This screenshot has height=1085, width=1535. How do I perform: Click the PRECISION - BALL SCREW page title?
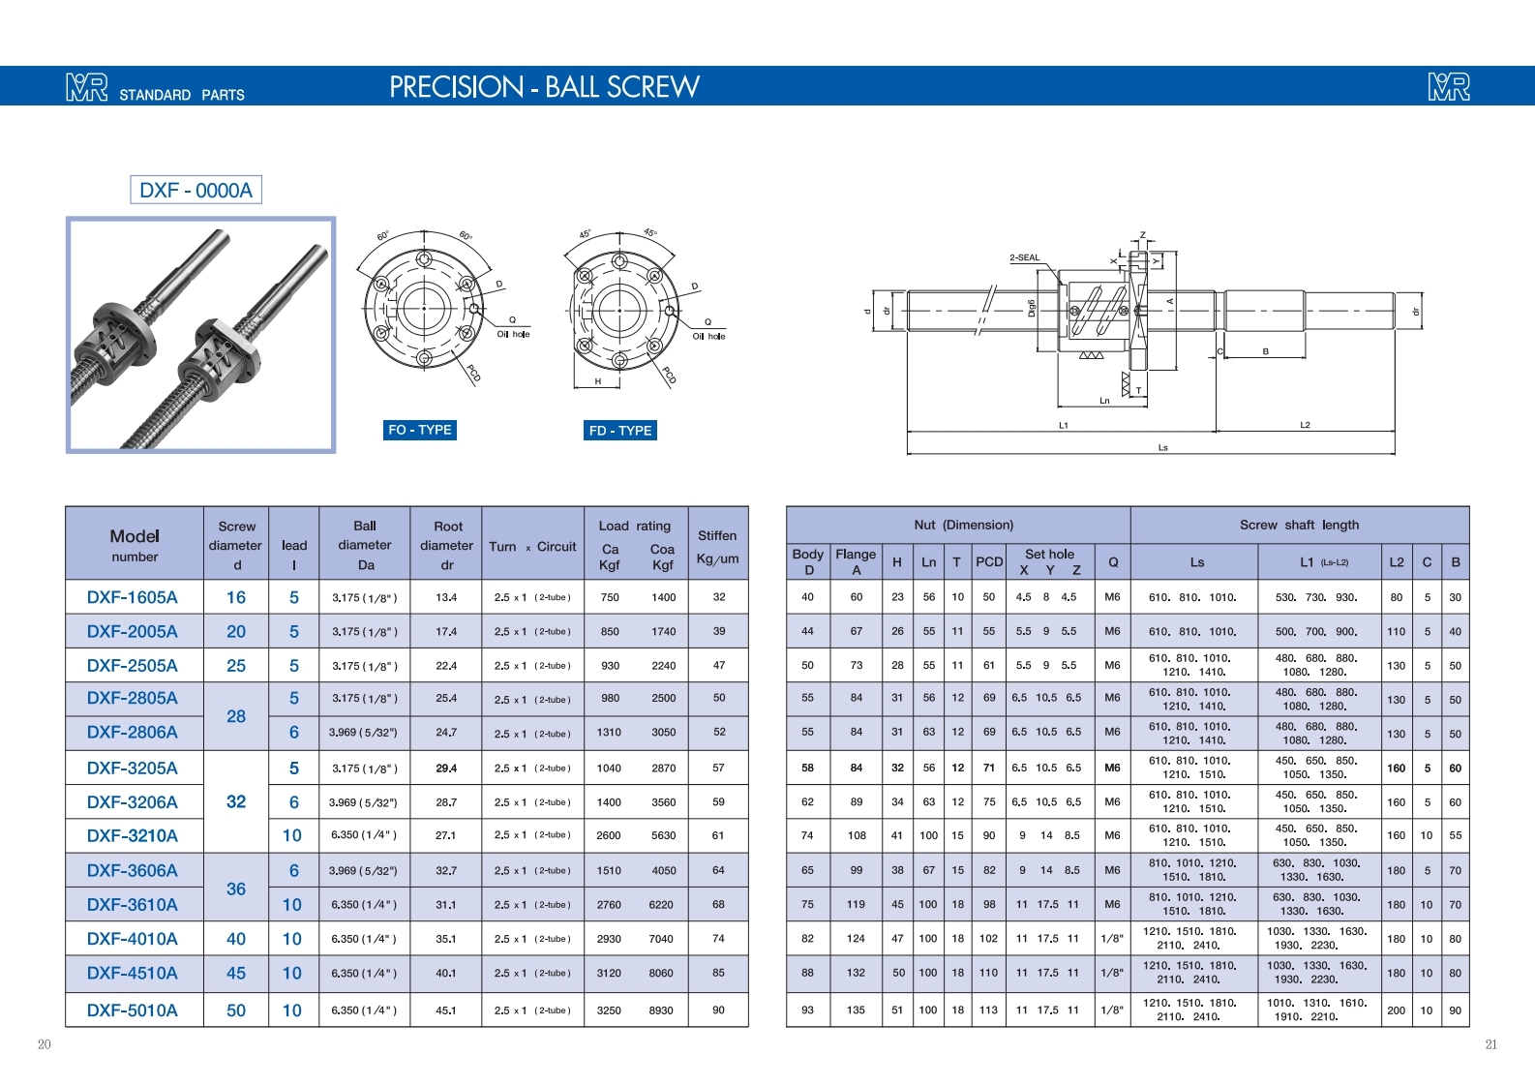pos(544,87)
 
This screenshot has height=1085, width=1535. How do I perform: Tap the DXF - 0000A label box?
pos(196,190)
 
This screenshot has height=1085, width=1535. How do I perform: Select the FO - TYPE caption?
pos(419,430)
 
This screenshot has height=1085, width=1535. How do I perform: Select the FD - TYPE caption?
pos(619,431)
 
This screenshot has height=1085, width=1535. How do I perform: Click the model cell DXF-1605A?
pos(133,597)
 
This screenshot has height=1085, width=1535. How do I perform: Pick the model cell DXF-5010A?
pos(133,1010)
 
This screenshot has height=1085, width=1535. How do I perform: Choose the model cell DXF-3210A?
pos(133,835)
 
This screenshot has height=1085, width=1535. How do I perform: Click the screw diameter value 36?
pos(236,889)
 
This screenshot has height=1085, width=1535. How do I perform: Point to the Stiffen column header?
pos(717,546)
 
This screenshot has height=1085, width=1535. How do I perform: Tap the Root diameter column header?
pos(447,546)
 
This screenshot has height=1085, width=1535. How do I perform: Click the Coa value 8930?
pos(661,1010)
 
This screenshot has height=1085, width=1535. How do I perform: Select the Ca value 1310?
pos(609,732)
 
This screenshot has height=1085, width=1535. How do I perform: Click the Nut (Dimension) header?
pos(963,525)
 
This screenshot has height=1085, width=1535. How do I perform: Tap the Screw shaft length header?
pos(1299,525)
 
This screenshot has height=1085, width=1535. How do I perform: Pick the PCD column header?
pos(989,562)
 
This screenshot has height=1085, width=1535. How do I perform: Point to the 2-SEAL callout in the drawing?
pos(1025,257)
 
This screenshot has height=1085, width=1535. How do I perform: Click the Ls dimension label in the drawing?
pos(1163,447)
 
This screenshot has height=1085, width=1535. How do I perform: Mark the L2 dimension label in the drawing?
pos(1305,425)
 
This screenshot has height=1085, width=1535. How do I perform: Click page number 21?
pos(1491,1044)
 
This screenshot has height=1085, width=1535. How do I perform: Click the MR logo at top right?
pos(1449,87)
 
